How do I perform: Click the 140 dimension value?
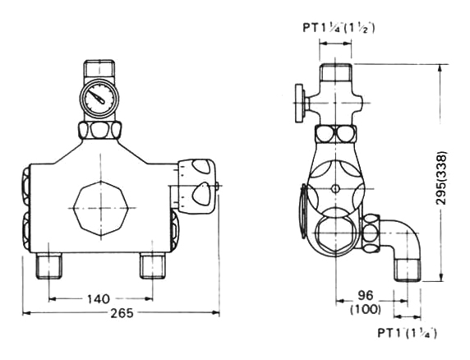coord(99,299)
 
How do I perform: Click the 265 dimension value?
coord(122,313)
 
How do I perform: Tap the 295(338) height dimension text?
coord(441,178)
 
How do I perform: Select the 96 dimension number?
coord(365,295)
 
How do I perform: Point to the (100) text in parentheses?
coord(366,309)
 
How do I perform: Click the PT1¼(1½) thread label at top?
coord(339,28)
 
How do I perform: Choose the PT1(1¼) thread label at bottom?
coord(407,334)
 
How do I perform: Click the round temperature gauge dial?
coord(99,98)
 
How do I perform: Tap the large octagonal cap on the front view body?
coord(101,208)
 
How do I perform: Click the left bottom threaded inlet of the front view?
coord(49,265)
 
